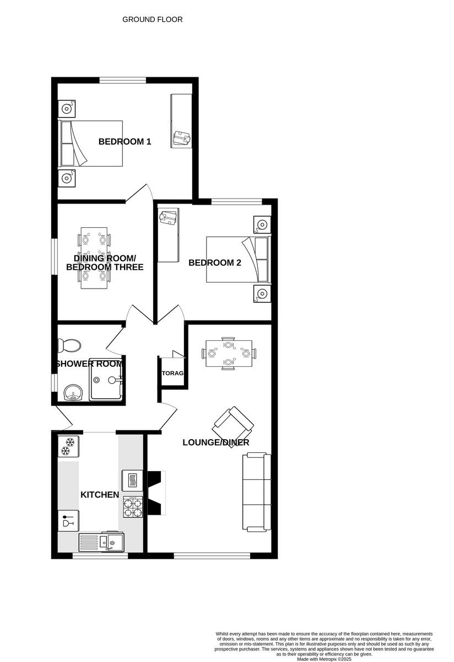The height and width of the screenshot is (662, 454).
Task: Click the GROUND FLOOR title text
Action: (152, 19)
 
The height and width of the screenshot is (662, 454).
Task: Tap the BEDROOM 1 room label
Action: (125, 142)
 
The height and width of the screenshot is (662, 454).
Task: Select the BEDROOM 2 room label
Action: (215, 263)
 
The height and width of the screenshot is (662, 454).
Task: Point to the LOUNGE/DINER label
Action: (216, 442)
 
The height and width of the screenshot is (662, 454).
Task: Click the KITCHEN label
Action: (100, 495)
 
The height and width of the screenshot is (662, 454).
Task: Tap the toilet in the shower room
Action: (69, 346)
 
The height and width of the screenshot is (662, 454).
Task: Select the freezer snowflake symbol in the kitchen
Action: (68, 447)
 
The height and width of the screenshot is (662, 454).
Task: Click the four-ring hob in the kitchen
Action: (132, 507)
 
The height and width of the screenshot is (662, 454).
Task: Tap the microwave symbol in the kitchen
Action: (132, 481)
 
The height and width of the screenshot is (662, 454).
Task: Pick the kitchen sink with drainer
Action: (102, 542)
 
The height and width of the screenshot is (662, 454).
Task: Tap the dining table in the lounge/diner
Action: (229, 353)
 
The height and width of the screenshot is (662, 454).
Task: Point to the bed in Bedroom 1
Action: (91, 143)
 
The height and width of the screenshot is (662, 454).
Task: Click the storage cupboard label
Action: (172, 373)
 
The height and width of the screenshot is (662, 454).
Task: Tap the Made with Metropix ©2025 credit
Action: (323, 659)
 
